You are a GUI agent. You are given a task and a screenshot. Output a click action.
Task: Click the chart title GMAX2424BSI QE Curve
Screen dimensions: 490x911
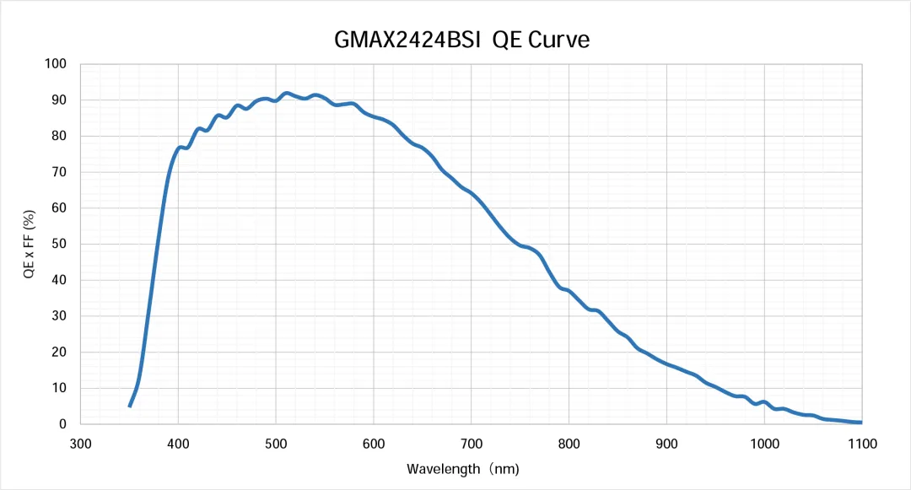point(456,40)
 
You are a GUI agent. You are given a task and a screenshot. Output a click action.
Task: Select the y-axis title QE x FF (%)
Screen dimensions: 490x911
point(29,244)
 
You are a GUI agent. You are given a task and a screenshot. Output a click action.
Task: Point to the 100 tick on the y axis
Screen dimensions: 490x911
point(56,64)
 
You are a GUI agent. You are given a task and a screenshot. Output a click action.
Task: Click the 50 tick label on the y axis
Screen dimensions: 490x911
point(59,245)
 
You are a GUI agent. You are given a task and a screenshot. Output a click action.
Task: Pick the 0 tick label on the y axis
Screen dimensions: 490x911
point(62,424)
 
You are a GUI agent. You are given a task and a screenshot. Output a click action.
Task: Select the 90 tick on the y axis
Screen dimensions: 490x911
point(59,100)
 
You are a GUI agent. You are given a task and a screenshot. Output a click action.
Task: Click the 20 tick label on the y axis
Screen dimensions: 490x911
point(59,353)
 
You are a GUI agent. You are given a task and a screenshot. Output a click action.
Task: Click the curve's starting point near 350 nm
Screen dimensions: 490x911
point(129,407)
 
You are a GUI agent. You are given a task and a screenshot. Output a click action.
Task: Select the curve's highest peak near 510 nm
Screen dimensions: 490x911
point(286,93)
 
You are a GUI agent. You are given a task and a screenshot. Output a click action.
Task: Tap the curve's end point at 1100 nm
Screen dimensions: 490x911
point(861,423)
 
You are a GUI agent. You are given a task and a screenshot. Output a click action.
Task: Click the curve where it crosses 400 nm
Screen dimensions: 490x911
point(178,148)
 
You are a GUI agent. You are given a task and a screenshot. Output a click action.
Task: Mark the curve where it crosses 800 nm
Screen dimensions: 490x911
point(569,291)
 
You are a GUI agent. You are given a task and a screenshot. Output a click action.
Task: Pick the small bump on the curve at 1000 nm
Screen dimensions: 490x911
point(764,402)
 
